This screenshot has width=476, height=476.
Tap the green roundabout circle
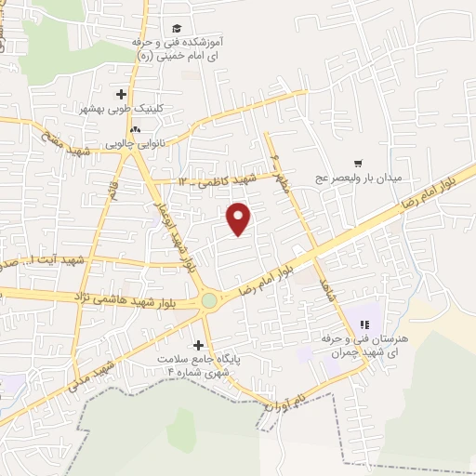(x=210, y=300)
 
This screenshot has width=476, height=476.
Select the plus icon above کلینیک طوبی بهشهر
(x=122, y=94)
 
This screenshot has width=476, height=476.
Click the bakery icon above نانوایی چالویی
(x=137, y=129)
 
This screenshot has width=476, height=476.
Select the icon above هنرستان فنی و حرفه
(x=365, y=324)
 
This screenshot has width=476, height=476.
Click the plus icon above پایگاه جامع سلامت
(x=198, y=344)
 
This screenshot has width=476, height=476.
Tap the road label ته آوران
(x=284, y=401)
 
